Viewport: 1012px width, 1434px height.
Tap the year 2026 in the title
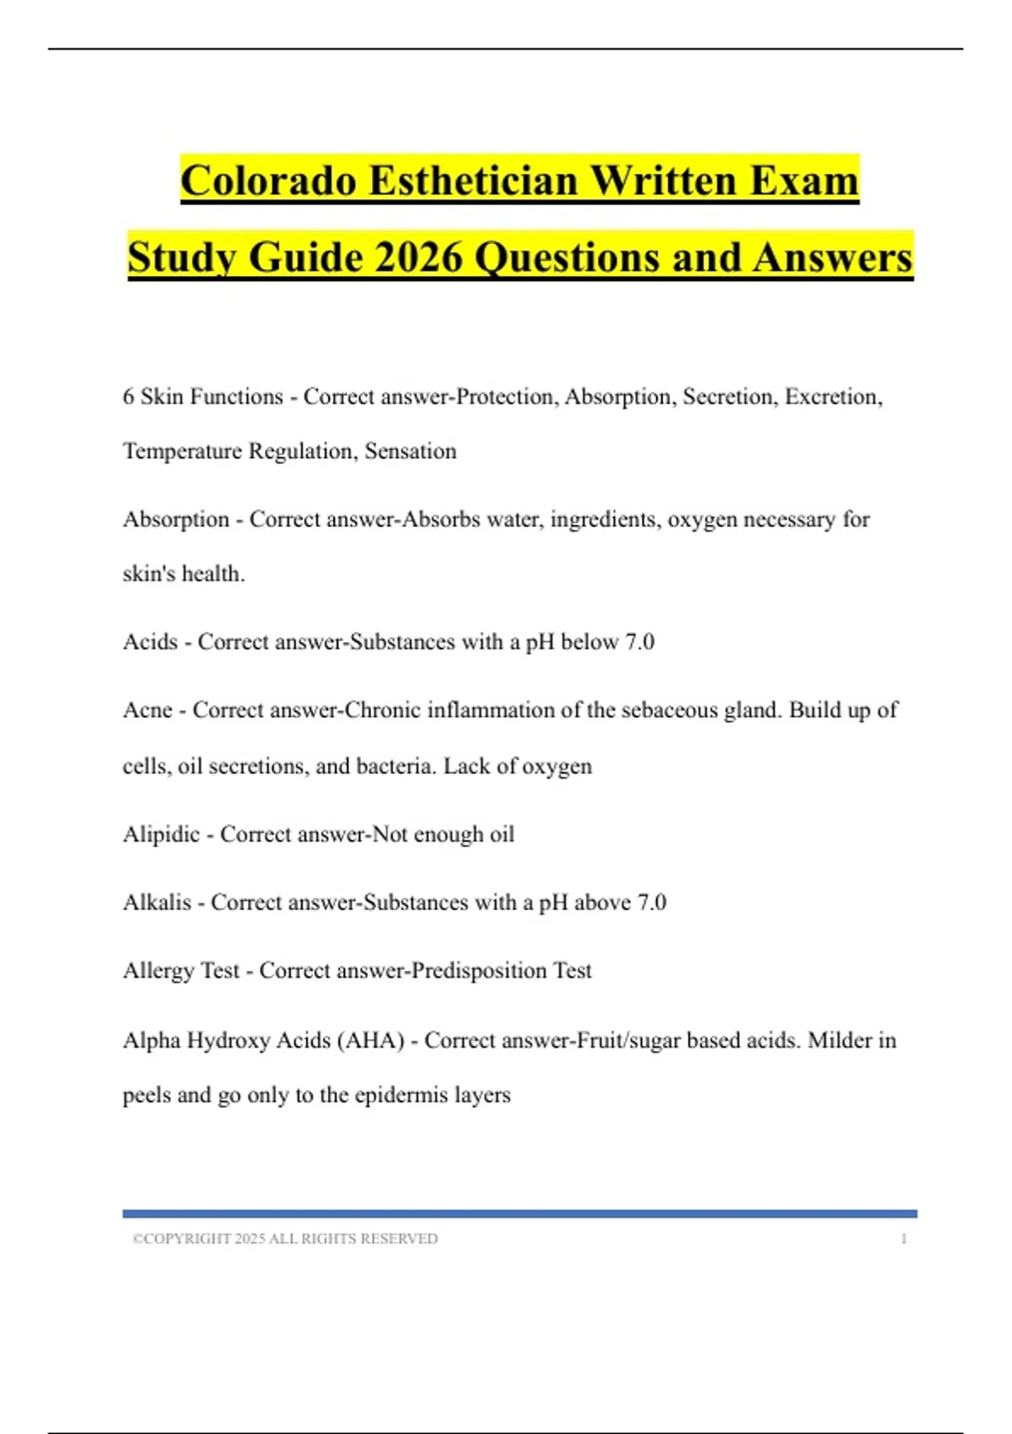pos(419,258)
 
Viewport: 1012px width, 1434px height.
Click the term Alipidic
pos(161,834)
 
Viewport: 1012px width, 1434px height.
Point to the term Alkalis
pos(157,903)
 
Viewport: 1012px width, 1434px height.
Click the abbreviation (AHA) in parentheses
pos(371,1040)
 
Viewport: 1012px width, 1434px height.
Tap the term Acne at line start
pos(148,710)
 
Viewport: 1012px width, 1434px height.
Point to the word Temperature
pos(182,451)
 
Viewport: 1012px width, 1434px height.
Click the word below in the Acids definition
pos(589,642)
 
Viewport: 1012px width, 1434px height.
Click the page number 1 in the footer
pos(903,1239)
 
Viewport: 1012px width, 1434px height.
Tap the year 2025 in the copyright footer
pos(250,1239)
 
